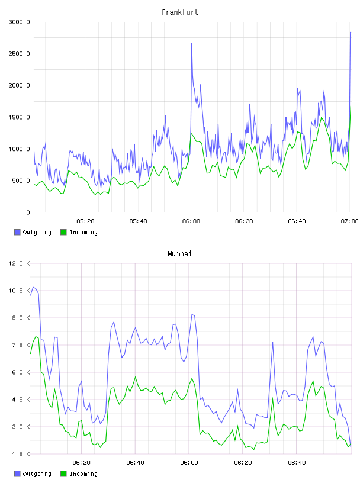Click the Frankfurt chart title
[x=180, y=12]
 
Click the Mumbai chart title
[x=179, y=254]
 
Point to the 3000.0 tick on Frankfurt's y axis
[x=19, y=22]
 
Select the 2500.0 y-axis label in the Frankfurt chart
[x=19, y=54]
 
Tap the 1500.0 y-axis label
[x=19, y=117]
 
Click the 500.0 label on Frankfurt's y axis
[x=21, y=181]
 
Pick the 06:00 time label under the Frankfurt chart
[x=191, y=221]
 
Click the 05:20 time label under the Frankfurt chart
[x=85, y=221]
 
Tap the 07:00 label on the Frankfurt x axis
[x=349, y=221]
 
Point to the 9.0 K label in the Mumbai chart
[x=21, y=318]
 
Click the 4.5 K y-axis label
[x=21, y=400]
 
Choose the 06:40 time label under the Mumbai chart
[x=297, y=463]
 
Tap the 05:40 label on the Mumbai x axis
[x=136, y=463]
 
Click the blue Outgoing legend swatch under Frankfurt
[x=17, y=232]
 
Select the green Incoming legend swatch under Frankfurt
[x=63, y=232]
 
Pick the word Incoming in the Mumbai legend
[x=83, y=474]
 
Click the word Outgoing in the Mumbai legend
[x=37, y=474]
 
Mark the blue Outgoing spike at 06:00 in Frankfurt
[x=192, y=43]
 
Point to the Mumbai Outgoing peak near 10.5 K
[x=33, y=288]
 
